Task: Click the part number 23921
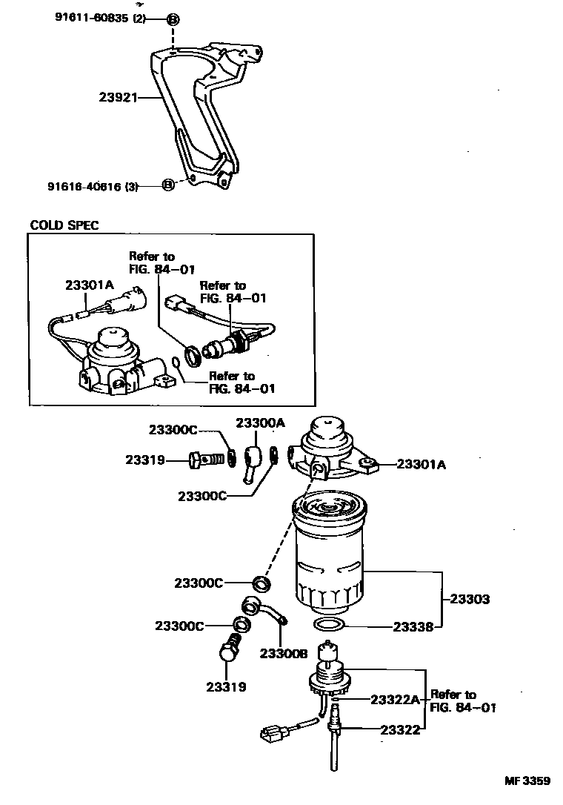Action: (x=119, y=96)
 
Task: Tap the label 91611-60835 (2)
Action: (x=99, y=19)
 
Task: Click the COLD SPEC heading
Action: (x=64, y=225)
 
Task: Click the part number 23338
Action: (x=412, y=626)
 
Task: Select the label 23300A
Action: (x=260, y=423)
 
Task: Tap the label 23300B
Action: (x=283, y=653)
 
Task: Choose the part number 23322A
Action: (x=395, y=699)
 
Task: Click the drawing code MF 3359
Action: (x=527, y=781)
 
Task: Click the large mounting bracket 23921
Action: (x=200, y=119)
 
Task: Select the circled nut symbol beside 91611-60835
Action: (x=172, y=19)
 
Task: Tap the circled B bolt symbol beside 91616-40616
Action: (x=168, y=185)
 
